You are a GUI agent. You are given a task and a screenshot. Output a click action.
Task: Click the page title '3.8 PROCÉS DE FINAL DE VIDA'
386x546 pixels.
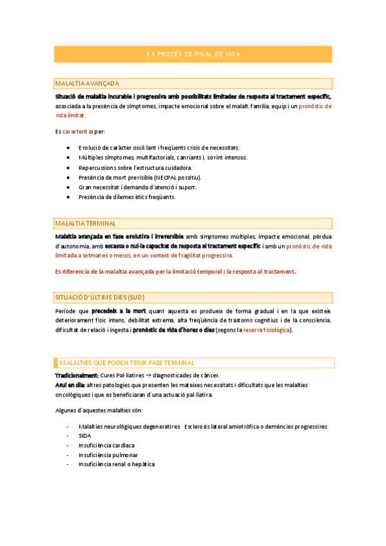pyautogui.click(x=193, y=54)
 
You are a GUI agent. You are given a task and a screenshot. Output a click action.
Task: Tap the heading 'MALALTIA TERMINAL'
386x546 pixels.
pyautogui.click(x=86, y=223)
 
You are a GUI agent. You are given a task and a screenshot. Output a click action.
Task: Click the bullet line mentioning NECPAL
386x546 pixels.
pyautogui.click(x=140, y=177)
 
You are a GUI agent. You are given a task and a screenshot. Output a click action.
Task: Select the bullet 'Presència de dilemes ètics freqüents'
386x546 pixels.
pyautogui.click(x=126, y=196)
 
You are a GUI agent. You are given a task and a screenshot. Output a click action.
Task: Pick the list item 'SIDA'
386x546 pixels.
pyautogui.click(x=84, y=435)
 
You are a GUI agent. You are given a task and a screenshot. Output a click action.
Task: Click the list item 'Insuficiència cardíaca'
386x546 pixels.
pyautogui.click(x=106, y=445)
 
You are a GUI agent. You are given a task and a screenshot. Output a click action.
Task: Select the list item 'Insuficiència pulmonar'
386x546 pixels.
pyautogui.click(x=107, y=455)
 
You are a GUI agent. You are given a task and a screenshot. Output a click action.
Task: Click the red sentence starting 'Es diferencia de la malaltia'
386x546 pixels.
pyautogui.click(x=176, y=271)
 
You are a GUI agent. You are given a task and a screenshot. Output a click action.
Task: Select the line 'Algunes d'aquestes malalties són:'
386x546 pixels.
pyautogui.click(x=99, y=411)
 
